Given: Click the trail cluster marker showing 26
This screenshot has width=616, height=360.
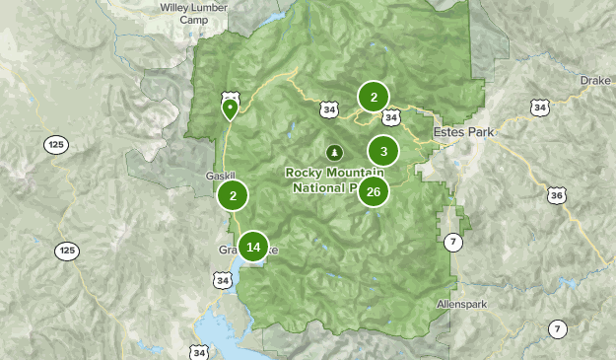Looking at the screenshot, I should coord(373,191).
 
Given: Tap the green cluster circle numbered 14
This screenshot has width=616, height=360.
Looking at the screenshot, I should coord(253,247).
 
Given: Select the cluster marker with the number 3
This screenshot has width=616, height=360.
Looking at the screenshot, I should coord(382,152).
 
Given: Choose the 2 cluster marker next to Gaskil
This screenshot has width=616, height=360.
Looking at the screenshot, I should coord(233,195).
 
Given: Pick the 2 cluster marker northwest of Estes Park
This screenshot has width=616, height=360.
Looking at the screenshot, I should coord(374,97).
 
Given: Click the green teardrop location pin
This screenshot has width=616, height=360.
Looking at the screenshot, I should coord(230,106).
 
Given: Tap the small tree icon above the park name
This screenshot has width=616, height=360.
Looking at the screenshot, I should coord(334,153).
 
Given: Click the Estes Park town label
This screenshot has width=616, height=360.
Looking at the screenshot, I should coord(463,131).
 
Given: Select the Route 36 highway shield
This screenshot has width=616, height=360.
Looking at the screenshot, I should coord(557,196).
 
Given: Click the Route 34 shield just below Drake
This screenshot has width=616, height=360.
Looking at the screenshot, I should coord(538,107).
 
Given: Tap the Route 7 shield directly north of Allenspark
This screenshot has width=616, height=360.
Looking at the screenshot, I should coord(452,242).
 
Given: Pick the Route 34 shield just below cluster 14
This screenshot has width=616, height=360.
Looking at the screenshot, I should coord(226,281).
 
